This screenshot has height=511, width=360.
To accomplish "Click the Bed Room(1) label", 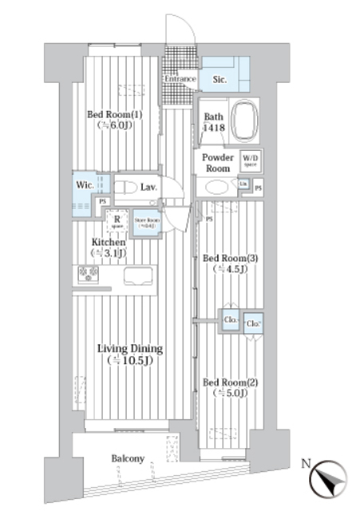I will (x=114, y=119).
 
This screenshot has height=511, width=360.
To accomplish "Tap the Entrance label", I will (x=180, y=80).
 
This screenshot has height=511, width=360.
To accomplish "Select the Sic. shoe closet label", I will (x=221, y=81).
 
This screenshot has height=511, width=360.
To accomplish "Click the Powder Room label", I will (x=217, y=163).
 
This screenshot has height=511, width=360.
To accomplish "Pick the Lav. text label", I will (x=148, y=188).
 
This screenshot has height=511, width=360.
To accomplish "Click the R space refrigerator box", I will (x=117, y=220).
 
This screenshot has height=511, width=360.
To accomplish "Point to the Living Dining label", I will (x=130, y=355).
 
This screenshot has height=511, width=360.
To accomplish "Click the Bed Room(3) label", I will (x=229, y=263).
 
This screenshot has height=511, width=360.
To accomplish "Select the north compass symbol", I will (x=327, y=478).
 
